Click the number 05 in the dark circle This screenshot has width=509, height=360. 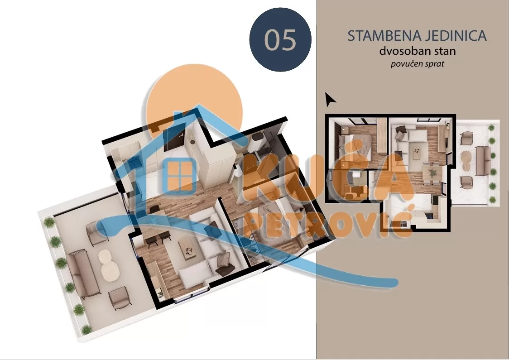tap(280, 40)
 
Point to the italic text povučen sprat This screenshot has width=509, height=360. tap(417, 64)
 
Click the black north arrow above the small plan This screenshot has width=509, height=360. tap(331, 99)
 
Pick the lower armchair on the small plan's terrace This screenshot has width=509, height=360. tap(466, 182)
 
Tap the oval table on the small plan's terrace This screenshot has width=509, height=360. tap(465, 159)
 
